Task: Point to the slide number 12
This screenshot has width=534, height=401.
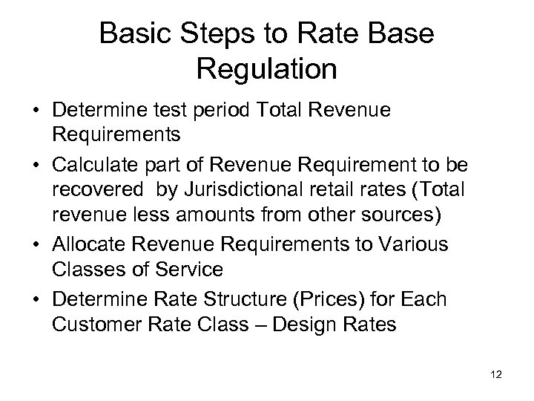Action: click(496, 375)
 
